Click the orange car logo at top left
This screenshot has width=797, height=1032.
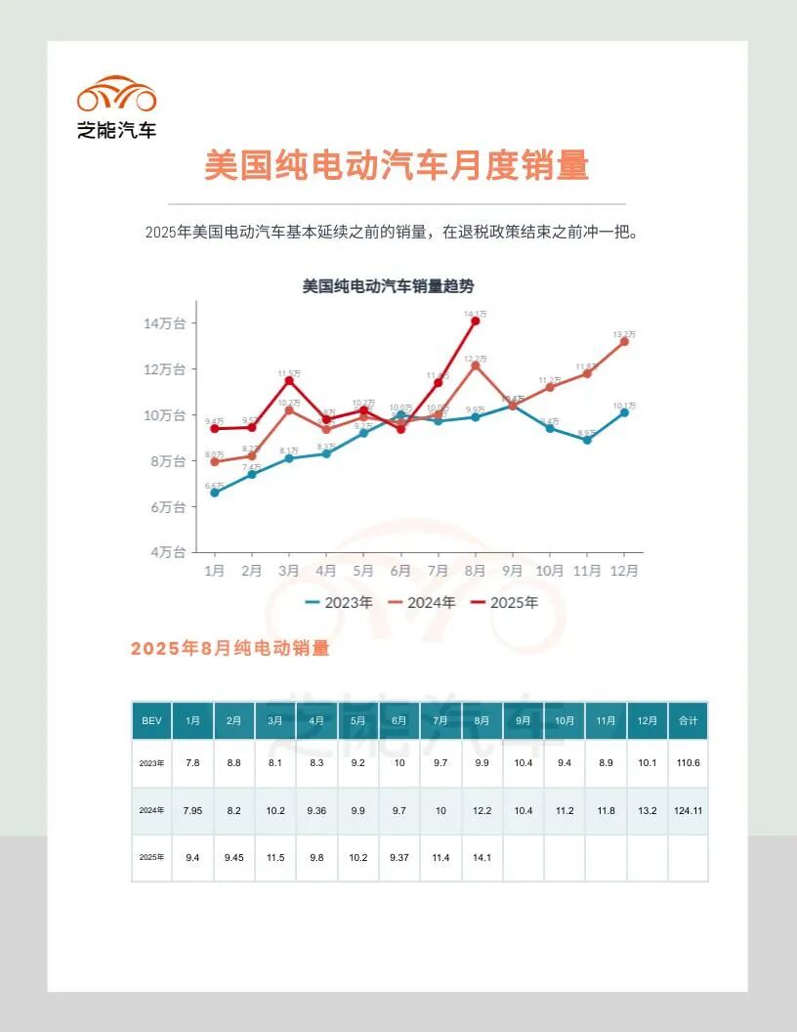click(117, 95)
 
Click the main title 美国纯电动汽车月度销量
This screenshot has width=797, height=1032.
click(397, 165)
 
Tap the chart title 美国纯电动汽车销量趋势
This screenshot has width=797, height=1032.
click(388, 286)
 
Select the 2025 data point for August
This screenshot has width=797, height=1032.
click(476, 321)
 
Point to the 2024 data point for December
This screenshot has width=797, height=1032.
click(624, 341)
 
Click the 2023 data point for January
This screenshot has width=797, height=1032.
click(215, 493)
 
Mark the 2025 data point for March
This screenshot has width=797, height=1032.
click(289, 380)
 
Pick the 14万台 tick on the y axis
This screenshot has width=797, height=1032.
click(165, 323)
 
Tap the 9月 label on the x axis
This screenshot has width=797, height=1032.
click(513, 571)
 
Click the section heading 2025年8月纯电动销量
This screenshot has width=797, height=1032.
click(230, 649)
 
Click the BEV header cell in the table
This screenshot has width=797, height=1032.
click(151, 720)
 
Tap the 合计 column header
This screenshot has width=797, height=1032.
click(688, 720)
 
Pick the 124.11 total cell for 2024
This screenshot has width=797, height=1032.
click(688, 810)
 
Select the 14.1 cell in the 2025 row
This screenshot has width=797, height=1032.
click(482, 857)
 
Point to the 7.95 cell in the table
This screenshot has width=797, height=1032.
click(192, 810)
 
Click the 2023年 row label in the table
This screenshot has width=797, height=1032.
click(151, 763)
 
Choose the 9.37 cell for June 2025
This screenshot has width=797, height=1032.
click(399, 857)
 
